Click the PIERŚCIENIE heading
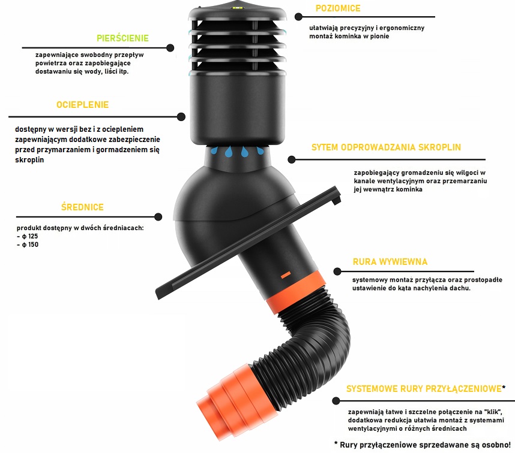(122, 38)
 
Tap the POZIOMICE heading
(338, 8)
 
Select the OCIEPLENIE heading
(82, 105)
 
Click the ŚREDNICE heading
(82, 207)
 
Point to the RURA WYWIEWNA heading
(390, 262)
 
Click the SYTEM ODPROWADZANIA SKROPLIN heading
(387, 147)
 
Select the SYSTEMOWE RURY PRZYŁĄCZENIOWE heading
(424, 389)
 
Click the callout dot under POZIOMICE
(298, 17)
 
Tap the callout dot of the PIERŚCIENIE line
(170, 48)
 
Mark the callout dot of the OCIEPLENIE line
(181, 117)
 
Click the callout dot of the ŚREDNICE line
(158, 217)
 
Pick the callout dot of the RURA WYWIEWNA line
(337, 271)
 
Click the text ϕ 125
(30, 236)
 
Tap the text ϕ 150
(30, 244)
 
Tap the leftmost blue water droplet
(214, 151)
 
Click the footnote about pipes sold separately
(423, 445)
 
